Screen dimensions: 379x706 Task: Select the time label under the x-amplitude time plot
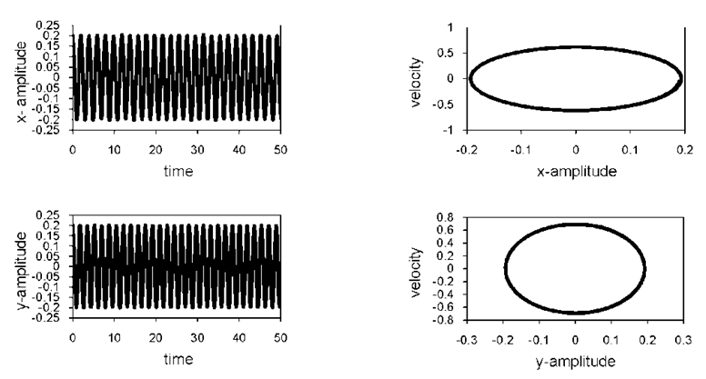177,170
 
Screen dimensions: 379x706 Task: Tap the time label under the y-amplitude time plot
177,359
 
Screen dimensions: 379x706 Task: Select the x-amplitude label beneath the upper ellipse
576,170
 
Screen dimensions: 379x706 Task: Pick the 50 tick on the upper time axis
281,148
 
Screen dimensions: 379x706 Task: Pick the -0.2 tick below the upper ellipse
469,148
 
